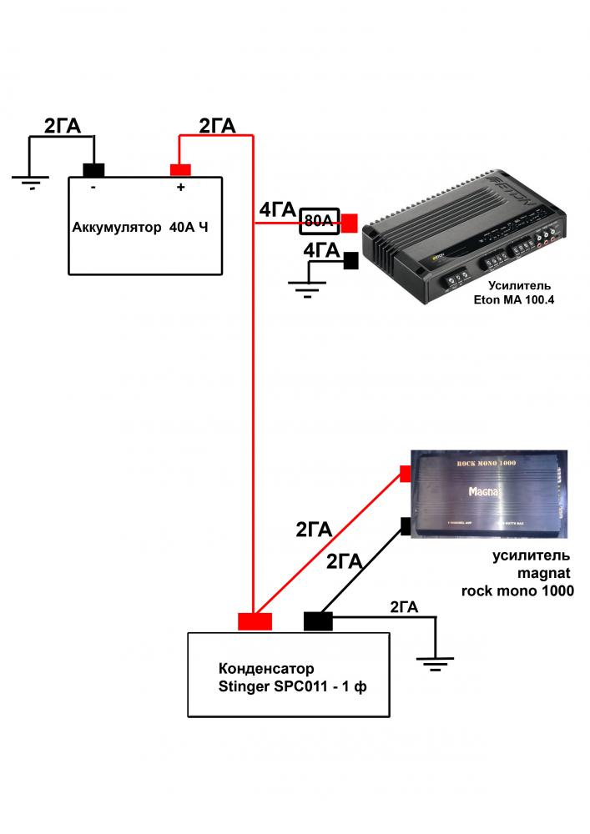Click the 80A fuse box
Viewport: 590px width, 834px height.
(319, 221)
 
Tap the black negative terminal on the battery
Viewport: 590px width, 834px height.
(93, 170)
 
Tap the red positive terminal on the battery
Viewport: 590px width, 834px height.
(180, 170)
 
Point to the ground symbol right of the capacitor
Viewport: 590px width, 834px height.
(434, 662)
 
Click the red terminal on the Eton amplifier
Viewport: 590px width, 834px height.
(349, 223)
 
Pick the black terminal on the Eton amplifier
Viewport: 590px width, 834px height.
(350, 261)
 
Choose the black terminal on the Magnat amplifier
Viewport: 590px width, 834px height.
(406, 525)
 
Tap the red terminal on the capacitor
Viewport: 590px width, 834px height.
(255, 621)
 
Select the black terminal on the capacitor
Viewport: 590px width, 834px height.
(318, 620)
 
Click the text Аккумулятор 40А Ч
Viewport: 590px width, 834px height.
(139, 227)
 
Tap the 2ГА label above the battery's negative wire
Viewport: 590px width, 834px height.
(62, 126)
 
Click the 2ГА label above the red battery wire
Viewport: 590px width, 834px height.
(217, 125)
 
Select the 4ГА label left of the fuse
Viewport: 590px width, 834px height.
(276, 211)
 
